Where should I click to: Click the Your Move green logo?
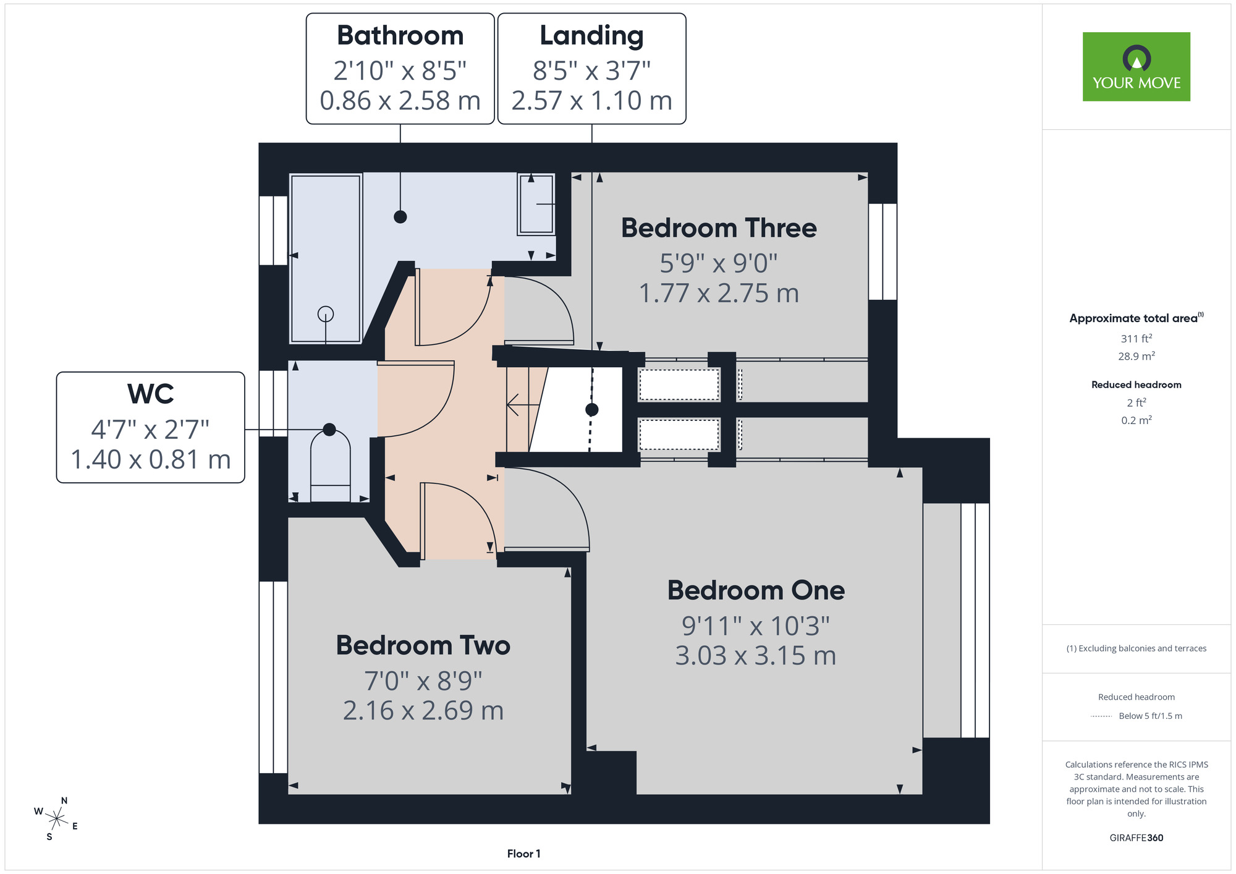tap(1136, 67)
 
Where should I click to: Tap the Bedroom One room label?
tap(756, 590)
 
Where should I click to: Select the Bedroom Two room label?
tap(423, 645)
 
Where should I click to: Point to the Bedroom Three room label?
tap(719, 228)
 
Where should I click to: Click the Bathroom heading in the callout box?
tap(400, 35)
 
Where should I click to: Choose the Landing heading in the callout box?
tap(592, 36)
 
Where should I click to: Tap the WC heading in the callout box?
tap(151, 394)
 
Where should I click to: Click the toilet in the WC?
tap(330, 465)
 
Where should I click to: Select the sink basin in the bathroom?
tap(536, 204)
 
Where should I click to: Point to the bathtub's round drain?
tap(326, 314)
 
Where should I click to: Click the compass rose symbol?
tap(57, 819)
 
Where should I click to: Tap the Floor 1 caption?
tap(523, 854)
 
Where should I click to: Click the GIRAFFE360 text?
tap(1136, 838)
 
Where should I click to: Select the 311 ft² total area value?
tap(1136, 338)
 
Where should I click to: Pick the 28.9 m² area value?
tap(1136, 356)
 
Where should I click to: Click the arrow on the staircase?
tap(523, 405)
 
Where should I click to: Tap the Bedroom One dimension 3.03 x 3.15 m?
tap(756, 655)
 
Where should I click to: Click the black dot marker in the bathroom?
tap(400, 217)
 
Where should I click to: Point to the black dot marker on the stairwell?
tap(592, 409)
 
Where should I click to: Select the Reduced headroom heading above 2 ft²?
tap(1136, 384)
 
